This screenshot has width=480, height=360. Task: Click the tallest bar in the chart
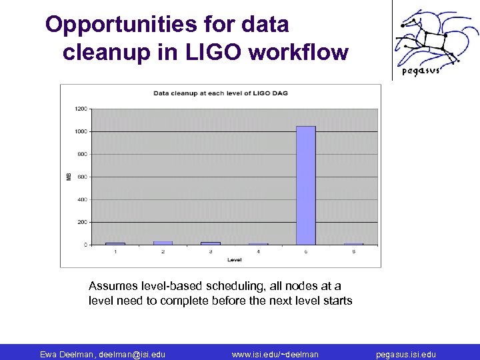pos(306,185)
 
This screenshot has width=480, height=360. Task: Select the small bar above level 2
pos(163,243)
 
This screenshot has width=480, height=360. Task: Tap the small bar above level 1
pos(115,243)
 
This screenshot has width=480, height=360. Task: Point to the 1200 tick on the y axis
pos(80,109)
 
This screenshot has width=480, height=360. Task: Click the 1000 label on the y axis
pos(80,131)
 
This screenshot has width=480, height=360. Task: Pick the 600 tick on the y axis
pos(81,177)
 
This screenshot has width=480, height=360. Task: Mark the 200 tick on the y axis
pos(81,222)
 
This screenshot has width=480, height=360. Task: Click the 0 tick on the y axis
pos(85,245)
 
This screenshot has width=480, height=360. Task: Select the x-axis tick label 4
pos(258,251)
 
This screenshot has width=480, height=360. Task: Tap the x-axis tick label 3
pos(210,251)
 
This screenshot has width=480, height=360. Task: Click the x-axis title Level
pos(234,259)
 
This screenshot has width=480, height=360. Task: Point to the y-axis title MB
pos(69,177)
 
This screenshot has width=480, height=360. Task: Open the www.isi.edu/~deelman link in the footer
pos(275,354)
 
